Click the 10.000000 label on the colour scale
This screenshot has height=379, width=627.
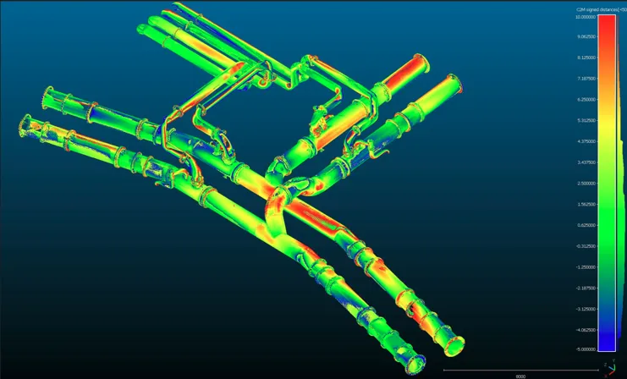(x=586, y=16)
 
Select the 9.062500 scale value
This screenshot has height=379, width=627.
(x=586, y=37)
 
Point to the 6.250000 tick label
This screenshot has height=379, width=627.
(x=586, y=99)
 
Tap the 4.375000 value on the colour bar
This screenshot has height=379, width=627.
(x=586, y=141)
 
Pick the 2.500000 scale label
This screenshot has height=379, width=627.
(x=586, y=183)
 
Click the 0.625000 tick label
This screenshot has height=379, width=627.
(x=586, y=225)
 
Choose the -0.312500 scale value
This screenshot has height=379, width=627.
(x=586, y=246)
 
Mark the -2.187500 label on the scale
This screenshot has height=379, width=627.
(x=586, y=288)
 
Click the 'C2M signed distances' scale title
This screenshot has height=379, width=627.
(x=598, y=8)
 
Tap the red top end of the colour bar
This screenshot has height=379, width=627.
(x=607, y=20)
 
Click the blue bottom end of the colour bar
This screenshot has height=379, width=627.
(x=607, y=345)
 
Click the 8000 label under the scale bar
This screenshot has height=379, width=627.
(x=520, y=376)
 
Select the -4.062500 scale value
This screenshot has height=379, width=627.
(x=586, y=329)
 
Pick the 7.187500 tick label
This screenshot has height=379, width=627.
(x=586, y=79)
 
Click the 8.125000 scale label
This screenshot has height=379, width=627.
(x=586, y=58)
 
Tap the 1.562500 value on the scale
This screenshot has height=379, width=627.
(x=586, y=204)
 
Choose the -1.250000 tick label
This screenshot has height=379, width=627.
(x=586, y=266)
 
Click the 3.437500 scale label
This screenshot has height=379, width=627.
(x=586, y=162)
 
